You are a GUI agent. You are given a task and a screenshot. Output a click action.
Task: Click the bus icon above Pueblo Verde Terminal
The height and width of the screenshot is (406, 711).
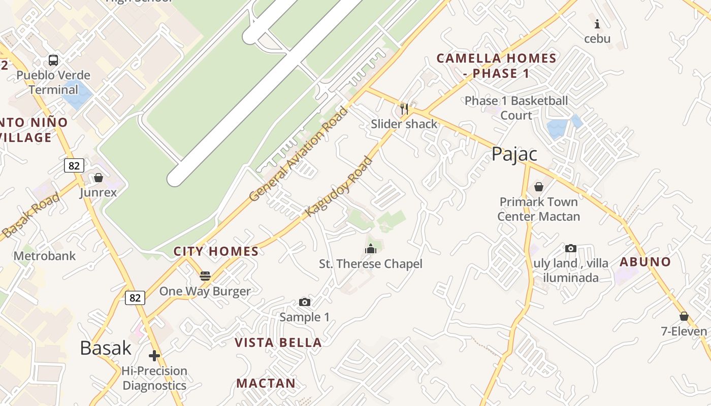(53, 60)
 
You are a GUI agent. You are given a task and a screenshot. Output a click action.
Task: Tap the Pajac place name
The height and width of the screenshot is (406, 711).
(514, 154)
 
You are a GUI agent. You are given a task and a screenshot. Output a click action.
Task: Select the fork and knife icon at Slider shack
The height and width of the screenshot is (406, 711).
(404, 108)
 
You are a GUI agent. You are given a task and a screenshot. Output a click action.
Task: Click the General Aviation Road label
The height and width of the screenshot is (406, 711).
(299, 154)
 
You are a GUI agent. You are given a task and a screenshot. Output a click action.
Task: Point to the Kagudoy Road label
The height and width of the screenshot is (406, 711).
(339, 187)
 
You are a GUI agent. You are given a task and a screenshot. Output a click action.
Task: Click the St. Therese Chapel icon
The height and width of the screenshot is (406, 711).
(371, 249)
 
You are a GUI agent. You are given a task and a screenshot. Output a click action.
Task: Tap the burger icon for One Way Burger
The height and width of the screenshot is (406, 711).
(205, 276)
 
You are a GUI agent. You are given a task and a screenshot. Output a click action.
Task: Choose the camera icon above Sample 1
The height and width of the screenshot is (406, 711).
(305, 302)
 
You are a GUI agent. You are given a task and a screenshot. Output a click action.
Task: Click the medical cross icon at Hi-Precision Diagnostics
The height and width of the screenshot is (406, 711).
(154, 356)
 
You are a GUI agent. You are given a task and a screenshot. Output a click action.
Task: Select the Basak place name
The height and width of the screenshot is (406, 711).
(106, 348)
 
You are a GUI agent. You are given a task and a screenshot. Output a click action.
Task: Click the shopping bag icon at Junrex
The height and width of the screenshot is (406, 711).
(99, 178)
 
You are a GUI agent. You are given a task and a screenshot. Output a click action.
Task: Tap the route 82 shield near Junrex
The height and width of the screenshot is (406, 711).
(74, 165)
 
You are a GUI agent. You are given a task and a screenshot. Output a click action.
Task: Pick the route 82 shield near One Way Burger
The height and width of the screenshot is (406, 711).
(135, 297)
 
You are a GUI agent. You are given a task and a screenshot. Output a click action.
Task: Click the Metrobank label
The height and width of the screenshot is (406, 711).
(45, 256)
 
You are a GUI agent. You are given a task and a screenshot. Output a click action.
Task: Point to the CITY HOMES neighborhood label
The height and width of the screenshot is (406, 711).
(216, 251)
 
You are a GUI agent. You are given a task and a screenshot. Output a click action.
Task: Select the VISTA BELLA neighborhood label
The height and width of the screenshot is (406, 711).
(278, 343)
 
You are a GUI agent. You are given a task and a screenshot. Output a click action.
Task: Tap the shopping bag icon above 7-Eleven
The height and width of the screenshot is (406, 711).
(684, 316)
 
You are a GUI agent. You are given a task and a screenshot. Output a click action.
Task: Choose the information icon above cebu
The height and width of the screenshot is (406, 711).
(597, 23)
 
